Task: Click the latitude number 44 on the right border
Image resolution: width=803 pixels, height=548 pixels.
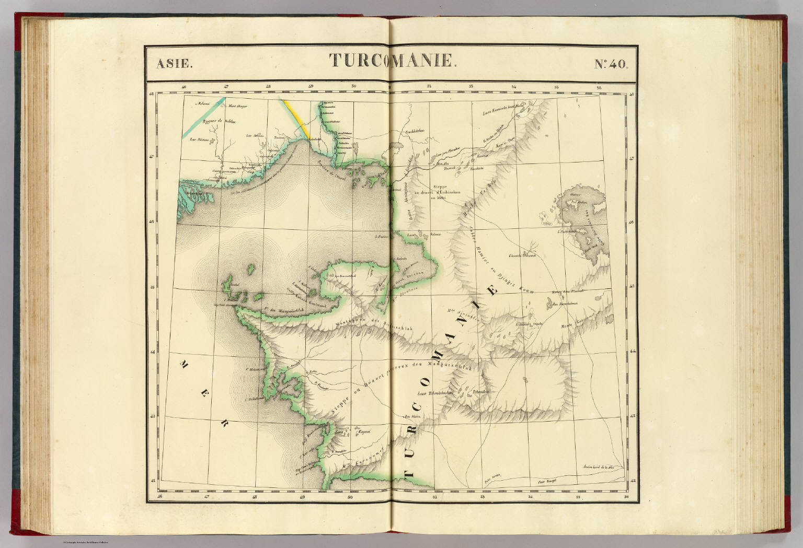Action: click(632, 352)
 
